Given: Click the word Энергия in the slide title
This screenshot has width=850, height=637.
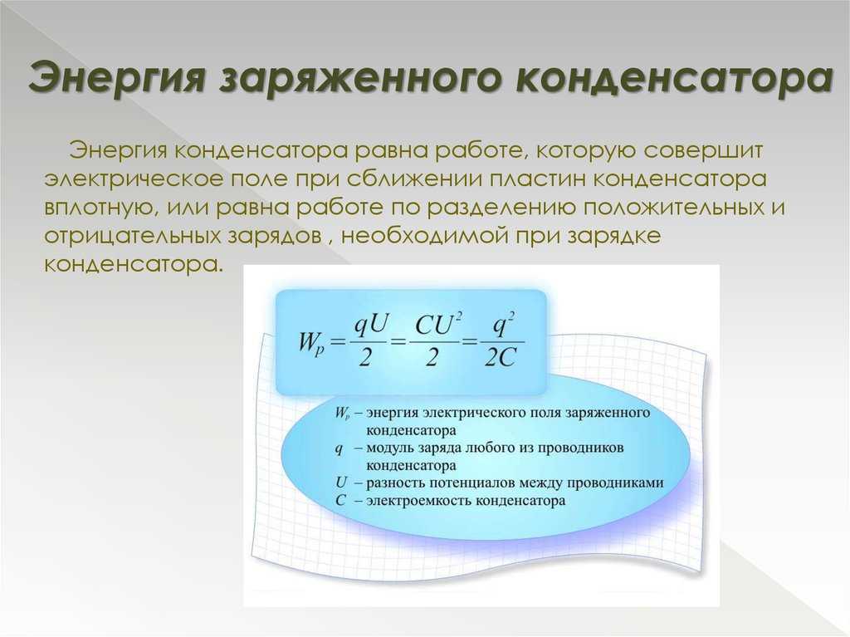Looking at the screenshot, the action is tap(116, 77).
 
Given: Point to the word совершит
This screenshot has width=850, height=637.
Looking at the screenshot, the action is tap(703, 150).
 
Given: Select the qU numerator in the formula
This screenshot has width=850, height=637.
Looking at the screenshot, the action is tap(371, 326).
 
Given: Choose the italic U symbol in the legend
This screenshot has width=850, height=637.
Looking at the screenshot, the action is tap(341, 483).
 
